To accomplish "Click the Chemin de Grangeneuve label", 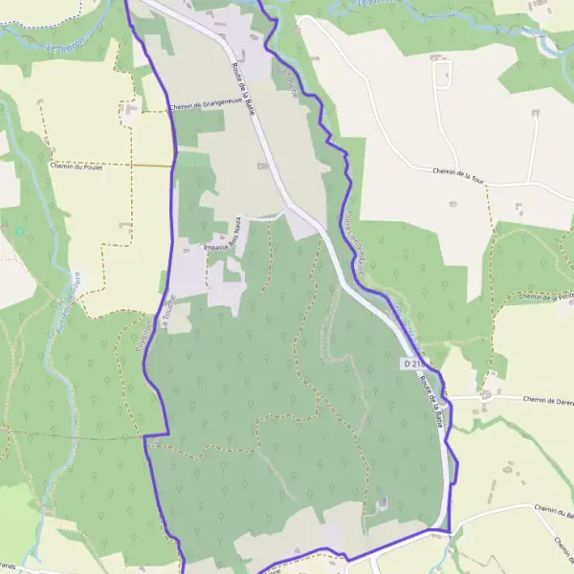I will [204, 106].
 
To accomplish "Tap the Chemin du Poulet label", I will [76, 166].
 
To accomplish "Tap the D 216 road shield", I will [412, 364].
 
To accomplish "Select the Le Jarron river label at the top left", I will [66, 42].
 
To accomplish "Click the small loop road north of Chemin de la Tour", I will [441, 73].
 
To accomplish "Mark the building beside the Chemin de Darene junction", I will [487, 393].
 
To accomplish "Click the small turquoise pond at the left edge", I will [18, 231].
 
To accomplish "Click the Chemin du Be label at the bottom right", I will [553, 515].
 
